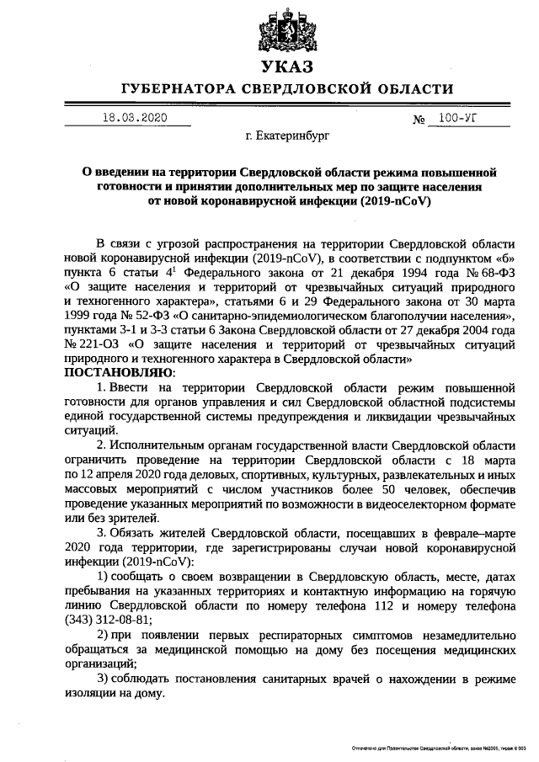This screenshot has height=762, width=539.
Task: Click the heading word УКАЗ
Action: pos(286,67)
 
